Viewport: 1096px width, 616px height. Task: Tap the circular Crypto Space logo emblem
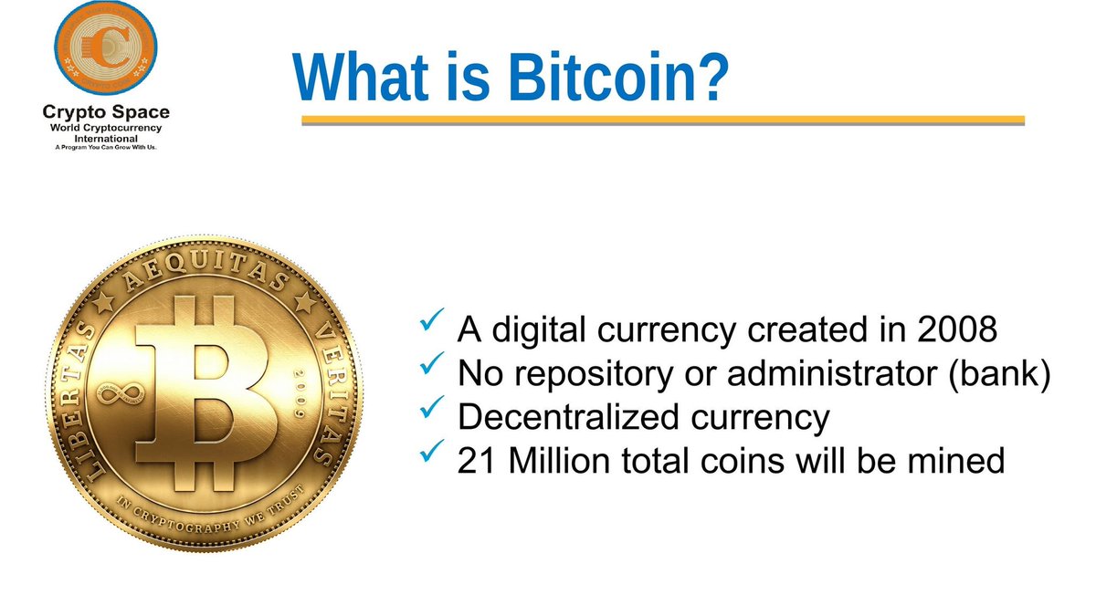tap(104, 50)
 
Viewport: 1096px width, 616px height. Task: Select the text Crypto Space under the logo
tap(106, 113)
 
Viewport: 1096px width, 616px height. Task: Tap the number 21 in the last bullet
tap(476, 462)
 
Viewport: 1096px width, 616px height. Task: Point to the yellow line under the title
tap(663, 120)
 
